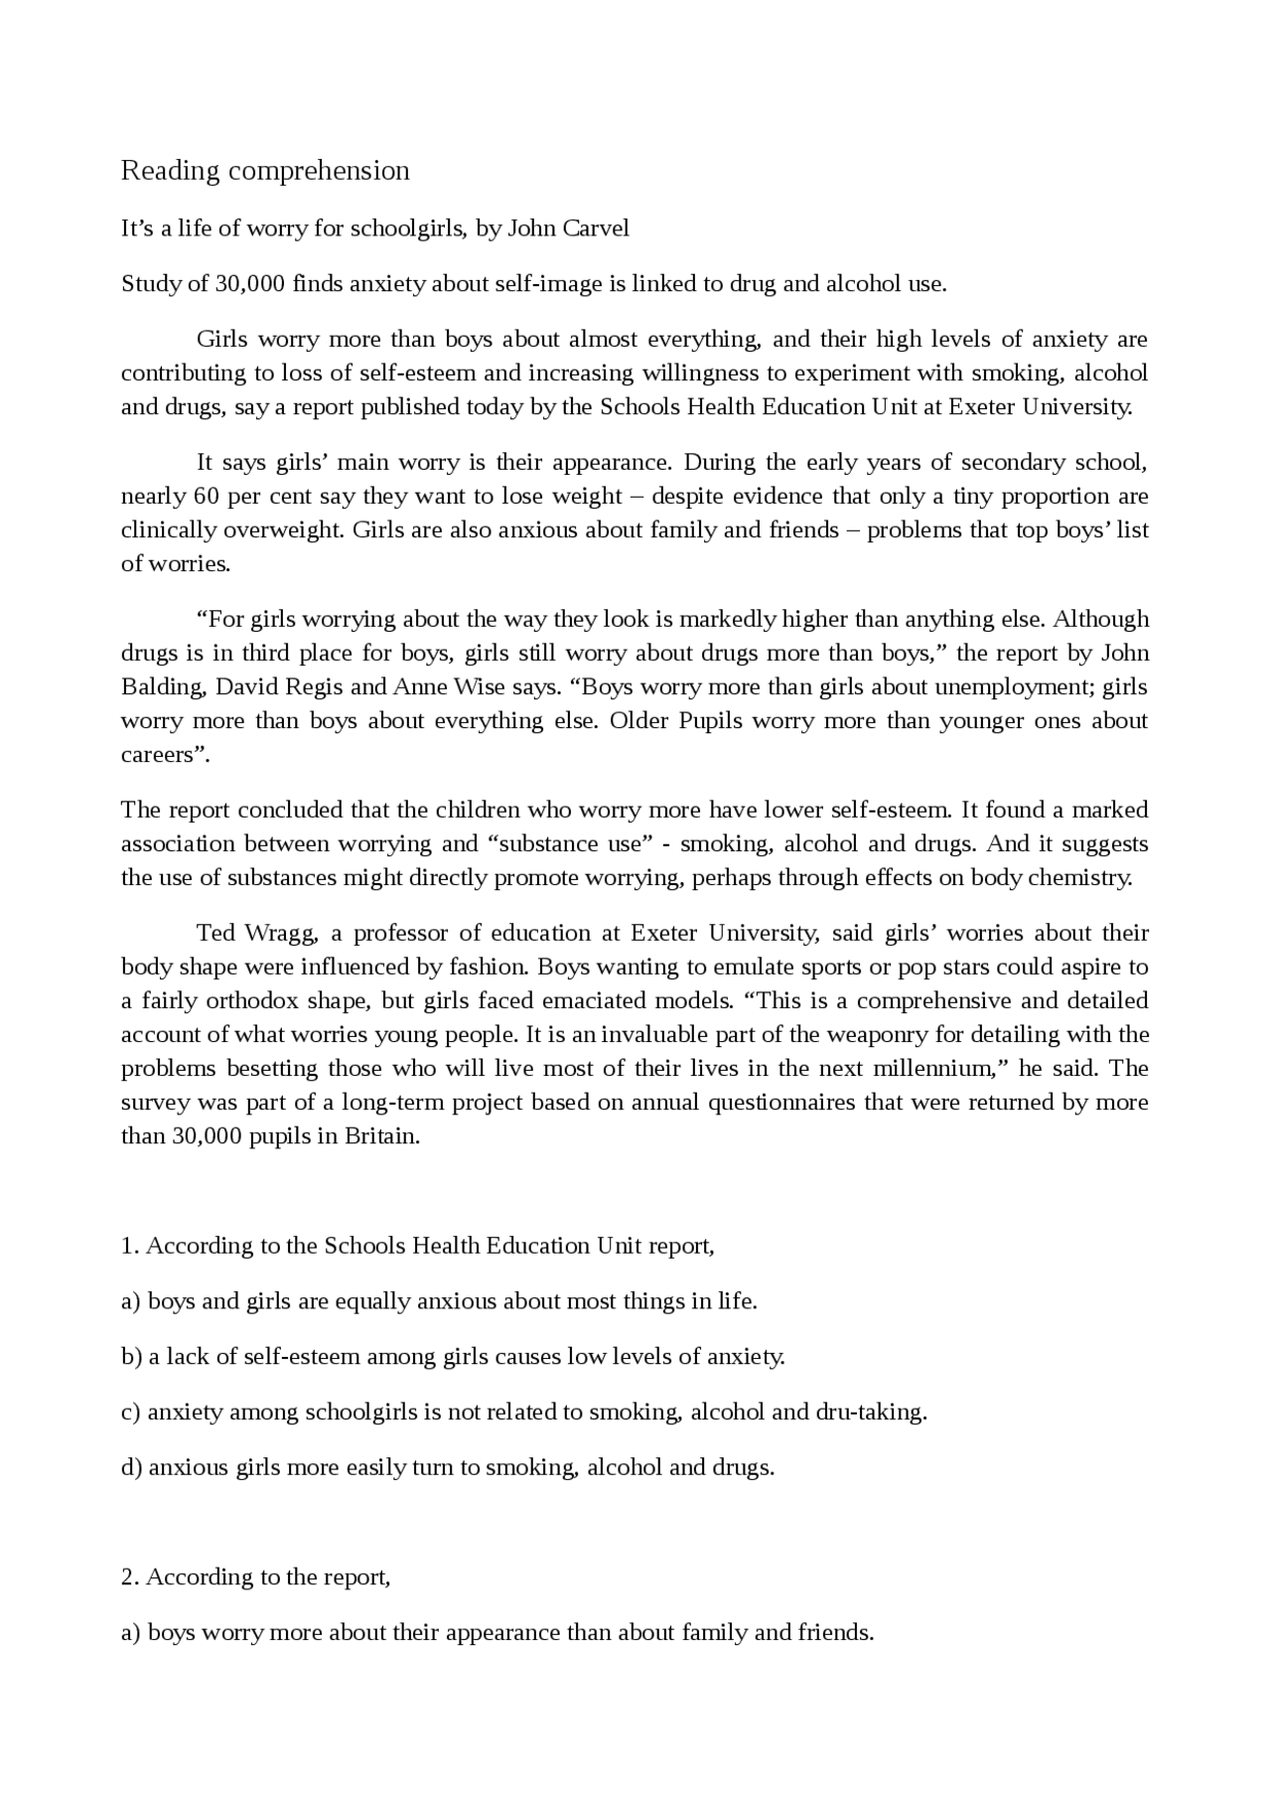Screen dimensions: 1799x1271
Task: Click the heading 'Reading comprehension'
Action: (x=265, y=171)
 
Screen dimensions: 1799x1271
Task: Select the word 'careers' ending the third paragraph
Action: (x=158, y=754)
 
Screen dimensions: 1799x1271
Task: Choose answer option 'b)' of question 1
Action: (x=132, y=1357)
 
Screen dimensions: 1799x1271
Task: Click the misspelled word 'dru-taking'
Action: (x=870, y=1413)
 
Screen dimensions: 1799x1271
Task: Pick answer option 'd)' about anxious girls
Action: (x=132, y=1468)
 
